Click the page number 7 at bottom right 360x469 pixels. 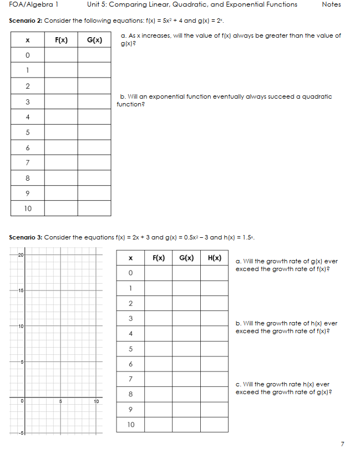(342, 444)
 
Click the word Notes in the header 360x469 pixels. (331, 4)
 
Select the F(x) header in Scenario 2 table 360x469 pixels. (61, 40)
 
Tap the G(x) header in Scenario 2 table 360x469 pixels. (94, 40)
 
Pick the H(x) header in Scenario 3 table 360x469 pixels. (215, 258)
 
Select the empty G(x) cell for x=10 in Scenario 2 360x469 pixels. (94, 208)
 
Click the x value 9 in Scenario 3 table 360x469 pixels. (130, 410)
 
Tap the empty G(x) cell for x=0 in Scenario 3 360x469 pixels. (186, 273)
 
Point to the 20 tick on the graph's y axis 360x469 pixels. (20, 254)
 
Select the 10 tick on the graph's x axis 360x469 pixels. (96, 401)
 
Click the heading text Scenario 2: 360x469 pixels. (26, 21)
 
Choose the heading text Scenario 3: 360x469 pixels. (26, 237)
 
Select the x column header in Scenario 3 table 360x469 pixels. (130, 258)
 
